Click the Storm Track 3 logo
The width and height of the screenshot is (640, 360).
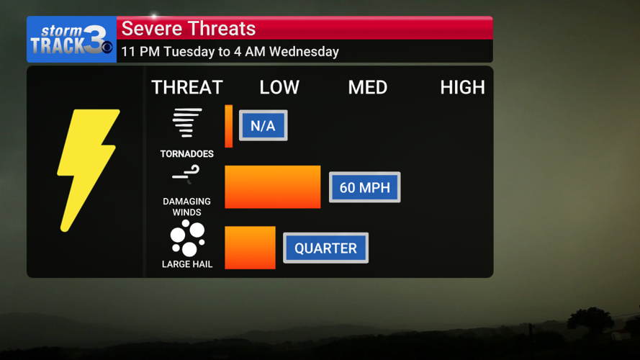coord(71,40)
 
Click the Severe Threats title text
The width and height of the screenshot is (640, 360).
coord(189,29)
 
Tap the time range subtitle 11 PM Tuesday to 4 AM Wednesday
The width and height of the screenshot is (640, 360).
coord(230,52)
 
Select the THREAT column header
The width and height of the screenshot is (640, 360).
coord(187,88)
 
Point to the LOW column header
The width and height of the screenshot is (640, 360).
coord(279,88)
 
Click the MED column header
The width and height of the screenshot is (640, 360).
coord(368,88)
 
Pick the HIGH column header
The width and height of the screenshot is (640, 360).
coord(462,88)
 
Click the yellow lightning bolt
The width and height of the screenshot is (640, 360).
coord(88,170)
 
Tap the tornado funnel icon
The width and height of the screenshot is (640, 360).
coord(187,123)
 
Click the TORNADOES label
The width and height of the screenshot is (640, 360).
coord(187,154)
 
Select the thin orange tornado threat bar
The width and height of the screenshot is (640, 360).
coord(229,126)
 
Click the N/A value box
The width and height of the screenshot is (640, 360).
coord(263,126)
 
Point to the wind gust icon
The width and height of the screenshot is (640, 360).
coord(186,174)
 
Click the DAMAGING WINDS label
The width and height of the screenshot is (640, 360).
coord(187,207)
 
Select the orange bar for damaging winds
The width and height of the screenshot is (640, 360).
coord(273,187)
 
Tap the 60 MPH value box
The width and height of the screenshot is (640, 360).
coord(364,188)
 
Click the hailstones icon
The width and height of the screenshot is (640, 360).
coord(187,239)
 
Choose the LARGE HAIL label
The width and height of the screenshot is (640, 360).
coord(187,264)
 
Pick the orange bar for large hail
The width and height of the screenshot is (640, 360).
coord(250,248)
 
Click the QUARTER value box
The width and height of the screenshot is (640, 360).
coord(325,248)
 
